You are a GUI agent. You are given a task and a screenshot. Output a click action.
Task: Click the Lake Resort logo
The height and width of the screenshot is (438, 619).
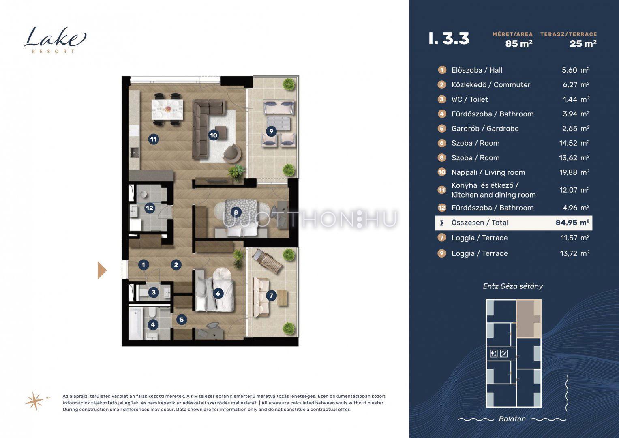click(55, 40)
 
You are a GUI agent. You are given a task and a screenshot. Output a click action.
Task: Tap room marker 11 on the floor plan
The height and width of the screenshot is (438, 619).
click(153, 139)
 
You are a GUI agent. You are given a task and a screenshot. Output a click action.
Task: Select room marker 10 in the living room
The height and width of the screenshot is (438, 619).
click(213, 135)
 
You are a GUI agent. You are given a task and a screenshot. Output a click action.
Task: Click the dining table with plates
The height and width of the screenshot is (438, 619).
click(167, 109)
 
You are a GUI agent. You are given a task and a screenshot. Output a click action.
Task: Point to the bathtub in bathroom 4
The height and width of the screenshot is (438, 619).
click(136, 323)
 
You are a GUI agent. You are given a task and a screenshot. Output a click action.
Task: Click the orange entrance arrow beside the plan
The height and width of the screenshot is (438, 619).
click(102, 270)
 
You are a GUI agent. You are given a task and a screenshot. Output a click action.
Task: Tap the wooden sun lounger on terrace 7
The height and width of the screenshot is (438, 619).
click(267, 261)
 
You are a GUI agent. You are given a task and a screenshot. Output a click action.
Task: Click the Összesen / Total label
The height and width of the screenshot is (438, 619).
click(480, 223)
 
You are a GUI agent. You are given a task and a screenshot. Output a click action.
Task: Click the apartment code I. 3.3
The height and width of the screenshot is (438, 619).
click(449, 39)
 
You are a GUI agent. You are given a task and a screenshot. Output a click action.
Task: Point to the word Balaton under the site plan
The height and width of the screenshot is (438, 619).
click(512, 419)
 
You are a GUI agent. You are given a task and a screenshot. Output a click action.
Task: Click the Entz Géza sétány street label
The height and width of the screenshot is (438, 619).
click(513, 286)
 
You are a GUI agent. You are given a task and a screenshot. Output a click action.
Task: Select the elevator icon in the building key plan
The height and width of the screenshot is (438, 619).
click(494, 353)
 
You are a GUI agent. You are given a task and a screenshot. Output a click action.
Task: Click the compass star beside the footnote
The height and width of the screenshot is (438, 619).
click(35, 401)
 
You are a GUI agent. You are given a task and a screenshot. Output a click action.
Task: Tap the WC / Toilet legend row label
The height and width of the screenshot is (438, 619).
click(469, 99)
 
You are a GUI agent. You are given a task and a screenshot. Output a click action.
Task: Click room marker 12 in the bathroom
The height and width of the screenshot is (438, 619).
click(150, 208)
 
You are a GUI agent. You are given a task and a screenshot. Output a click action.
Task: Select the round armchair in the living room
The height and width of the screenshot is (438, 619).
click(232, 153)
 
